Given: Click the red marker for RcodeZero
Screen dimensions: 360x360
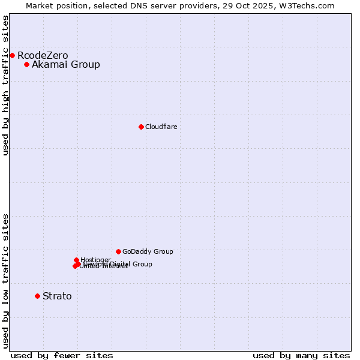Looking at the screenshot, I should pos(12,55).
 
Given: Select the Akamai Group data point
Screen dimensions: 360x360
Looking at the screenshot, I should pos(26,64).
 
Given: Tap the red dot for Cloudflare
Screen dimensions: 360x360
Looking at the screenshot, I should pos(141,127).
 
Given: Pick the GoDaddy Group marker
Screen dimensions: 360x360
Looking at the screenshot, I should pos(118,251).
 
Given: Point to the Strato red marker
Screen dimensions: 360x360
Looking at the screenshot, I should pos(37,296).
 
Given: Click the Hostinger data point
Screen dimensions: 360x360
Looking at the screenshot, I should pos(76,260).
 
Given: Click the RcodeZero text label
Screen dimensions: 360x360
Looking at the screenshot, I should pos(43,56).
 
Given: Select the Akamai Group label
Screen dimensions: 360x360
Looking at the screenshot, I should pos(66,65).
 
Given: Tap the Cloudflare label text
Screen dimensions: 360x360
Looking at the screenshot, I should pos(161,127).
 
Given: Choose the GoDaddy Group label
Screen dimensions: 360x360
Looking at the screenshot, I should pos(148,251).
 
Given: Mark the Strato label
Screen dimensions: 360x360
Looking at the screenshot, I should pos(57,296).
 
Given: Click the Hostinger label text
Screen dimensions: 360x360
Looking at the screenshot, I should pos(95,260).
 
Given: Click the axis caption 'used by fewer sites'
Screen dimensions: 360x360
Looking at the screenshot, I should pos(62,355).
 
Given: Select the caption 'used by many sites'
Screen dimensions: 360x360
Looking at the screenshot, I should pos(301,355).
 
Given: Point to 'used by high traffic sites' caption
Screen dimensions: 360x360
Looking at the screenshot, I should pos(6,85).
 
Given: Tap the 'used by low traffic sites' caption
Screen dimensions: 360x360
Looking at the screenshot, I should pos(6,280).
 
